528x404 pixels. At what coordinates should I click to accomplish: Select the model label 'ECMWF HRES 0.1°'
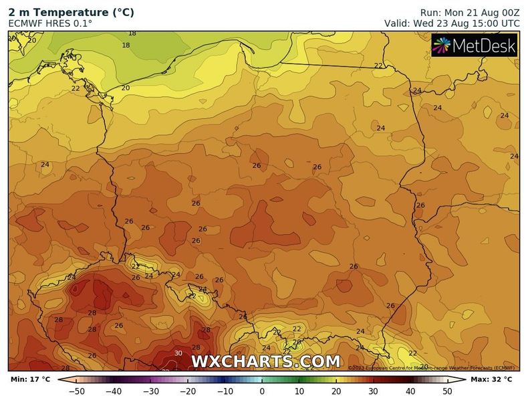tap(50, 23)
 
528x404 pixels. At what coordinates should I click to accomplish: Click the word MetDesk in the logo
tap(485, 45)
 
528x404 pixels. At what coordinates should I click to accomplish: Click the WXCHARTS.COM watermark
tap(265, 362)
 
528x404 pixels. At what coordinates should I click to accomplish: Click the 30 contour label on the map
tap(178, 353)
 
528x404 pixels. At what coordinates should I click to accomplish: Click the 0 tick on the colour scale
tap(262, 391)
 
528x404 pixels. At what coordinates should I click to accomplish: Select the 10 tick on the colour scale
tap(299, 391)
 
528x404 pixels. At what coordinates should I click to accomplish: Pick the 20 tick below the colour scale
tap(336, 391)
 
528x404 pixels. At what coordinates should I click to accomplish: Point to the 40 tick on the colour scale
tap(410, 391)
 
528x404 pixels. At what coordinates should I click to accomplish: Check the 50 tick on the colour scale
tap(447, 391)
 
